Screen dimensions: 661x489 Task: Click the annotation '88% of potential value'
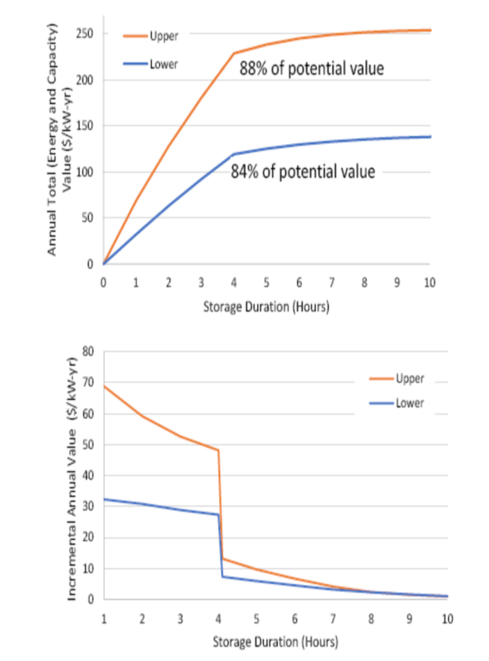(312, 69)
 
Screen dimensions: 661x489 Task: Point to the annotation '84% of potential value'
(303, 171)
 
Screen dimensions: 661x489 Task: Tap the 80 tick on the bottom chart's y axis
(88, 351)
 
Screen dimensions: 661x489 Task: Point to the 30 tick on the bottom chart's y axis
(88, 507)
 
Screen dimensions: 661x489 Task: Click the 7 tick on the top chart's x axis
(332, 283)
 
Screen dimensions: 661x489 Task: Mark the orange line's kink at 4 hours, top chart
(234, 53)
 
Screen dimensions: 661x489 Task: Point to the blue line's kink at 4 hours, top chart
(234, 154)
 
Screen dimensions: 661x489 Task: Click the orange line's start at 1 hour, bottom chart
(104, 385)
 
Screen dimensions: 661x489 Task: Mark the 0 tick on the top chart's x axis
(103, 283)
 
